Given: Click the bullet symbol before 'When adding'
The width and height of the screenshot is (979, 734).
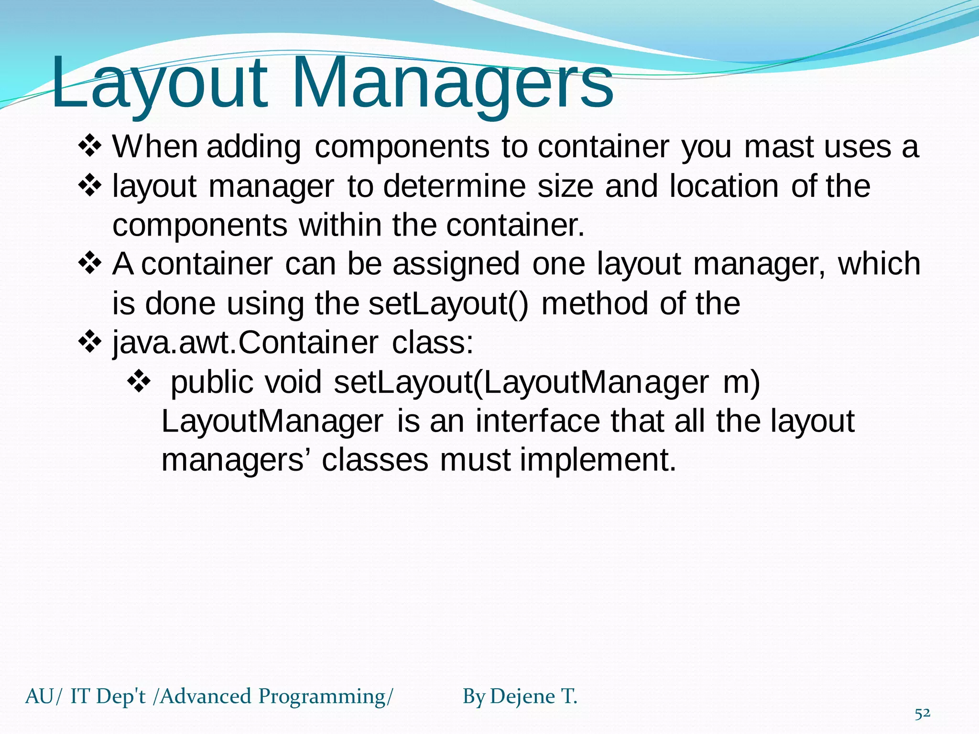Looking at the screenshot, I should point(90,147).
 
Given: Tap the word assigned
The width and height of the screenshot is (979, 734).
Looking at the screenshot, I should point(456,264).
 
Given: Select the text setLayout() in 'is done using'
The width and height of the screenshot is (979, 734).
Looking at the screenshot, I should point(448,304).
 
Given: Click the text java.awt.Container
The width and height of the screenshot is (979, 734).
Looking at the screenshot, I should point(245,343).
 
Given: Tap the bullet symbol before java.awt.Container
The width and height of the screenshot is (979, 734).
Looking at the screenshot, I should point(90,342).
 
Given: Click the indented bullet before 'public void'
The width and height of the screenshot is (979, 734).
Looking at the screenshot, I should point(139,382).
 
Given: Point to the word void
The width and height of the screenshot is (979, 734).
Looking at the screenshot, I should point(293,382).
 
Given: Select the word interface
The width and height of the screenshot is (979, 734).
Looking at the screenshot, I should point(537,421).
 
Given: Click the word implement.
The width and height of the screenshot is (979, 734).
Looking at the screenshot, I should point(598,461).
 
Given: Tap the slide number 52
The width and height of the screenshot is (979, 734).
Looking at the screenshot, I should point(922,714).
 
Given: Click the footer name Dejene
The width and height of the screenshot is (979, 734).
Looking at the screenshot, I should point(522,697).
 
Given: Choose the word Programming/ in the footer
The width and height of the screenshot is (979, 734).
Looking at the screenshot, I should point(326,697).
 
